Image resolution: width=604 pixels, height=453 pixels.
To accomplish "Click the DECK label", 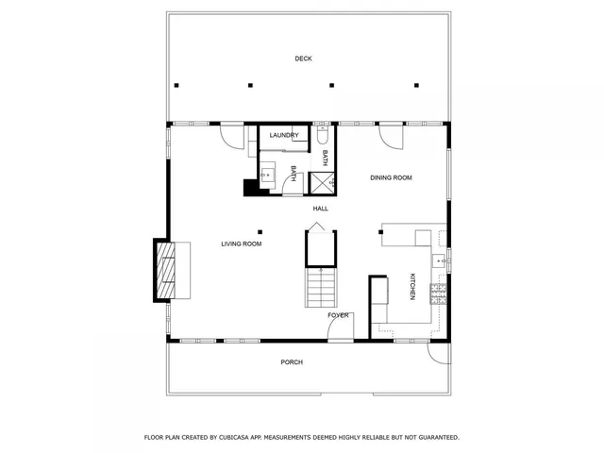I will coord(303,59).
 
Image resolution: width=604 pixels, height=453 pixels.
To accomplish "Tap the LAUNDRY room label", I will coord(284,136).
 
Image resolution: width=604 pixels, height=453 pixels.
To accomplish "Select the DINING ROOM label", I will coord(391,177).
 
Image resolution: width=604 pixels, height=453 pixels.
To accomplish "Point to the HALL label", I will coord(321,209).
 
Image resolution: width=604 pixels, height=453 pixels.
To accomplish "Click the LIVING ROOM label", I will coord(242,244).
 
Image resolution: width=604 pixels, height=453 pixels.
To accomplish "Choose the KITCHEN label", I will coord(412,287).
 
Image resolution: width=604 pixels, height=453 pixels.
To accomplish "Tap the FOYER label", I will coord(339,315).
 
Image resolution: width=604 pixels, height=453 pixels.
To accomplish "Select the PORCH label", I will coord(292,362).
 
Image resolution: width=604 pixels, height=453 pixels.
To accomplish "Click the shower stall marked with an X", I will coord(323,183).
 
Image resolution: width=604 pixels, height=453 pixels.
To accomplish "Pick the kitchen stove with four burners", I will coord(438,294).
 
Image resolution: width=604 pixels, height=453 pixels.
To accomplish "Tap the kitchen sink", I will coord(439,260).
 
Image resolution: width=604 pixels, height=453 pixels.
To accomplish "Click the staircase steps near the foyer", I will coord(322,287).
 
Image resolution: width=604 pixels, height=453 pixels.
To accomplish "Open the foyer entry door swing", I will coord(339,330).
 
